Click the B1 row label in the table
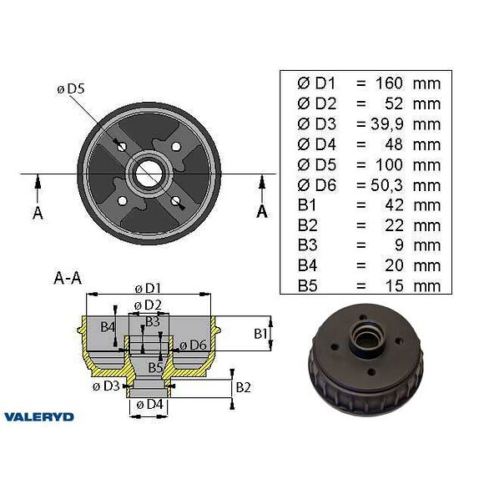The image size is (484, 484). click(305, 205)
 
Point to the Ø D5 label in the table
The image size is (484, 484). click(316, 165)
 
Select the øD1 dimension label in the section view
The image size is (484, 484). click(149, 289)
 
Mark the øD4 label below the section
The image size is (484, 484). click(149, 405)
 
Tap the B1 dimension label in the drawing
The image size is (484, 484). click(260, 333)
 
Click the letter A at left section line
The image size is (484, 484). click(38, 213)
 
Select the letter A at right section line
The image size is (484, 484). click(262, 211)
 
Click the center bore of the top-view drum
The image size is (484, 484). click(149, 174)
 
